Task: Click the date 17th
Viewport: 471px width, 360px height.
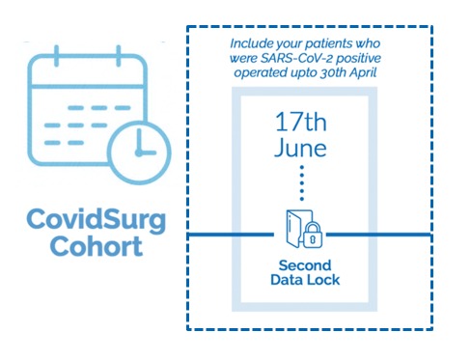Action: [304, 125]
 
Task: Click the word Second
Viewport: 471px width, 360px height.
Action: [305, 266]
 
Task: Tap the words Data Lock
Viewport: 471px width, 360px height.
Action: [305, 282]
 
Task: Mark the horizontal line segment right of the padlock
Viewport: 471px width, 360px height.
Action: [381, 235]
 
